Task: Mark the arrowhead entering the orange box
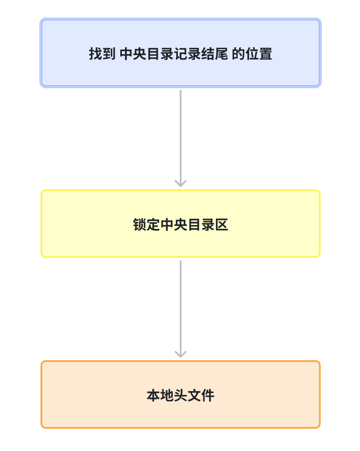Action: (x=180, y=354)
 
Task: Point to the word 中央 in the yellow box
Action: (x=174, y=225)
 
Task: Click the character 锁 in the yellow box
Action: (x=139, y=225)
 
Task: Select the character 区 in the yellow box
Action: (x=222, y=225)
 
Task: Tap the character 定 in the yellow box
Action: (x=154, y=225)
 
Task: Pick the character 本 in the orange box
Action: (x=153, y=396)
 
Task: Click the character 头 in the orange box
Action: (x=180, y=396)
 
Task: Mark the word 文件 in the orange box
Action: (x=201, y=396)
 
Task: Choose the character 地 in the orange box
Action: (x=167, y=396)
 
